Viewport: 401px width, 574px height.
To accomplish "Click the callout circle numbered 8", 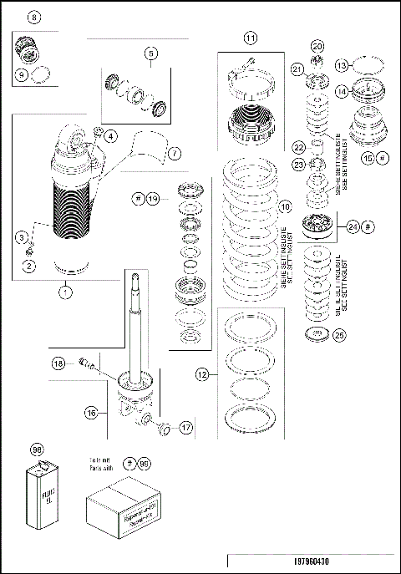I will [x=33, y=17].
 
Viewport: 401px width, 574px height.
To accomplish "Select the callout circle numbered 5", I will [x=150, y=54].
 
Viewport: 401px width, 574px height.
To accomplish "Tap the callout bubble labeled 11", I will [x=251, y=38].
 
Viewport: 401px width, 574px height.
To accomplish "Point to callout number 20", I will [x=317, y=46].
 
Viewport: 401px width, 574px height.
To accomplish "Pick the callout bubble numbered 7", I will [x=174, y=154].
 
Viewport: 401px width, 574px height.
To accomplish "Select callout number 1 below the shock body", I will [x=63, y=292].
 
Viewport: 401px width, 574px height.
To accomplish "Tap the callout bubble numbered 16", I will [x=91, y=411].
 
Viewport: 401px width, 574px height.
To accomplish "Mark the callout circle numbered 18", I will [x=58, y=363].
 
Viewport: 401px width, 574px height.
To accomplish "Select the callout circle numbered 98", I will [x=36, y=450].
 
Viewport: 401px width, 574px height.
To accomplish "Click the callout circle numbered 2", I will [x=29, y=267].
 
